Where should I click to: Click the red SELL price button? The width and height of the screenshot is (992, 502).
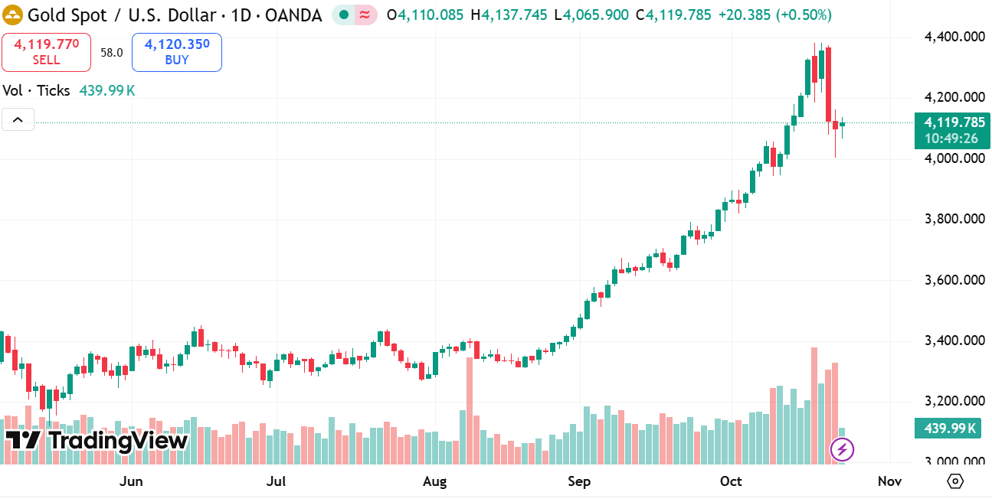tap(46, 52)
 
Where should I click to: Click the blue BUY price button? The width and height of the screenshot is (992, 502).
tap(176, 52)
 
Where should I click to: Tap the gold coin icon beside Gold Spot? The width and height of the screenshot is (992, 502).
tap(13, 15)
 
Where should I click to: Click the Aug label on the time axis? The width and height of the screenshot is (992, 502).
tap(434, 481)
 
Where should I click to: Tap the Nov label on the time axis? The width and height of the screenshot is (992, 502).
tap(889, 481)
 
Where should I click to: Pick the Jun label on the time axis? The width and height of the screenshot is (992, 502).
tap(132, 481)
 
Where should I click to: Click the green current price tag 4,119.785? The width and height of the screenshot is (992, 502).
tap(952, 122)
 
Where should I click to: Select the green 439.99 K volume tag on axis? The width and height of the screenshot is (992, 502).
tap(947, 429)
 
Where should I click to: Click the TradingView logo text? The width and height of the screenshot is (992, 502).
tap(97, 441)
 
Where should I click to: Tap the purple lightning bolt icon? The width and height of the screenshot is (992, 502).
tap(842, 449)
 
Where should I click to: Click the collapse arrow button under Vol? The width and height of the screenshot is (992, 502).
tap(18, 119)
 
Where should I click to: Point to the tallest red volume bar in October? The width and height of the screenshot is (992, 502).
tap(814, 406)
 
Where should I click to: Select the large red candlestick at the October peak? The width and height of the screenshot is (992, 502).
tap(828, 84)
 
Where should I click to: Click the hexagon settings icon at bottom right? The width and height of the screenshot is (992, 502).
tap(954, 481)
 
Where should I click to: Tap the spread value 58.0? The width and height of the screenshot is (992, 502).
tap(111, 53)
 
